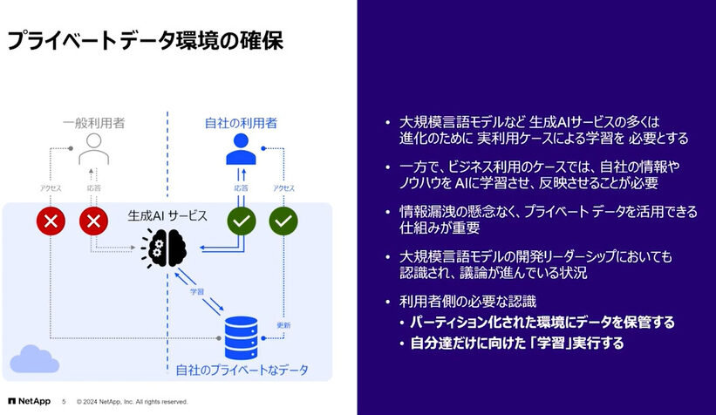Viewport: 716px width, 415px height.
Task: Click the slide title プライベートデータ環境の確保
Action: (x=145, y=40)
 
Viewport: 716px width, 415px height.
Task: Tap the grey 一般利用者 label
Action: (x=92, y=124)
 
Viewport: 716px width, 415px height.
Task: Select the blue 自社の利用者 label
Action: (x=241, y=124)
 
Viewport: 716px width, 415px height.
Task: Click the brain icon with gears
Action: (x=166, y=247)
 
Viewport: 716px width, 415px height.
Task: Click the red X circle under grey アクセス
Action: (x=51, y=221)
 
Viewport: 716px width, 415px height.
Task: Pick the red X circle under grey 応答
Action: (x=93, y=221)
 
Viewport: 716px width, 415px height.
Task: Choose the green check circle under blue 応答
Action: (x=242, y=221)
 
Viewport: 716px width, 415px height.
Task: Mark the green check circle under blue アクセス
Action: (x=283, y=221)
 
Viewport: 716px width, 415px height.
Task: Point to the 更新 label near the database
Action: (x=283, y=325)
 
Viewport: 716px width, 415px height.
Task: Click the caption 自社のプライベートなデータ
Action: (x=242, y=370)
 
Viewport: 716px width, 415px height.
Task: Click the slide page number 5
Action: (x=63, y=402)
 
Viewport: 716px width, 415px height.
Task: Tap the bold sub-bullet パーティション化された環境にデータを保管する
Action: (x=542, y=322)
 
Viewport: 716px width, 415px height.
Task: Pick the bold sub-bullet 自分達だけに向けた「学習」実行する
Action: (x=517, y=344)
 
